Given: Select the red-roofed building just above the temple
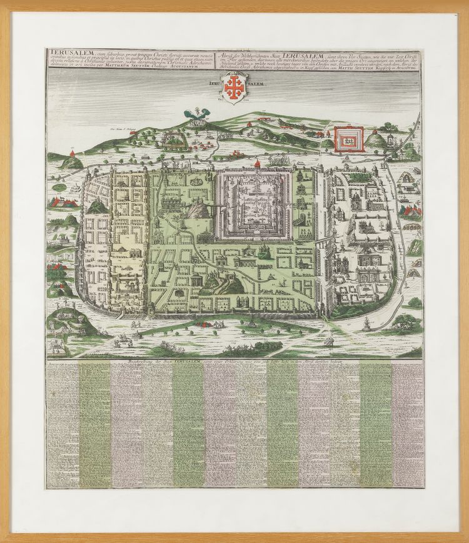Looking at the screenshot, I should pos(257,164).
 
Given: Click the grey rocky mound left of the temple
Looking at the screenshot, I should pos(199,210).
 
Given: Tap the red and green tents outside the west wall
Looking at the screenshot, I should pos(65,201).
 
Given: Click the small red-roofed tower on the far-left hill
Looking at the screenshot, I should pos(73,153).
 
